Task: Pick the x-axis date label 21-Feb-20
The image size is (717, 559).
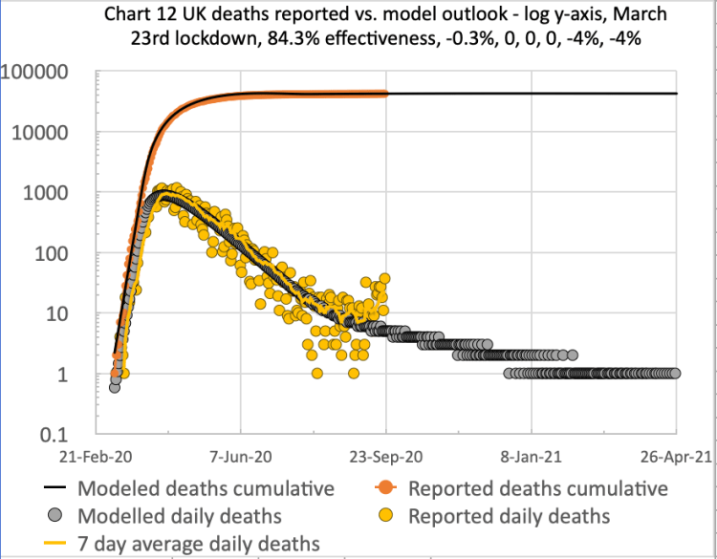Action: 96,457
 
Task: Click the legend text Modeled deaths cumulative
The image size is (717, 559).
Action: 206,488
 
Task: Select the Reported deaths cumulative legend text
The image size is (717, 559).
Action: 538,488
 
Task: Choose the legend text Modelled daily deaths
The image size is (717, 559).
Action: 180,516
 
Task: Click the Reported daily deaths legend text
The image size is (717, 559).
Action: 509,516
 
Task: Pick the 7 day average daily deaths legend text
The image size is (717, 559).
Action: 199,544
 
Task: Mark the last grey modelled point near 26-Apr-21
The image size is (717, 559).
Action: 675,374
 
